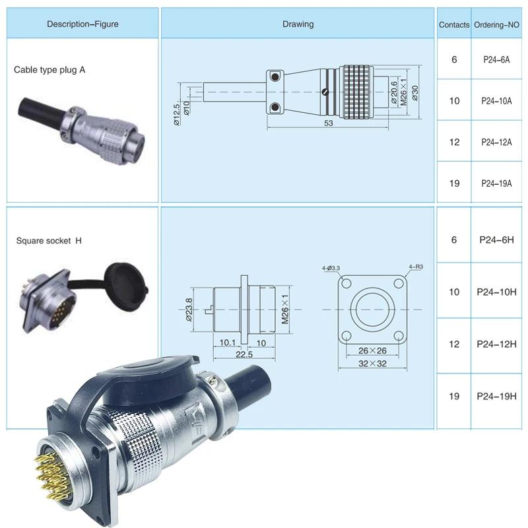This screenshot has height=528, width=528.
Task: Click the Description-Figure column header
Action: click(82, 24)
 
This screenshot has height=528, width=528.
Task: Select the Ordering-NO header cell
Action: click(496, 24)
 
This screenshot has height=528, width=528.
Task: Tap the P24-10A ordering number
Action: click(496, 101)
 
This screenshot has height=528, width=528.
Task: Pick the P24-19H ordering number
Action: click(496, 396)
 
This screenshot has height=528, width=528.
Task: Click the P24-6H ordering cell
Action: click(496, 240)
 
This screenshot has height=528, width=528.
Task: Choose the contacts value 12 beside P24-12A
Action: click(454, 142)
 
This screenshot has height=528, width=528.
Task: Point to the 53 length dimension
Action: click(328, 123)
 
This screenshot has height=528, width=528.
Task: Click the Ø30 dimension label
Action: click(415, 93)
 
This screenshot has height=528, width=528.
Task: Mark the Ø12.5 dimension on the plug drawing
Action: click(176, 114)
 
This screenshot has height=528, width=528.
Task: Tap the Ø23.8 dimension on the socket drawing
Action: click(189, 310)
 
